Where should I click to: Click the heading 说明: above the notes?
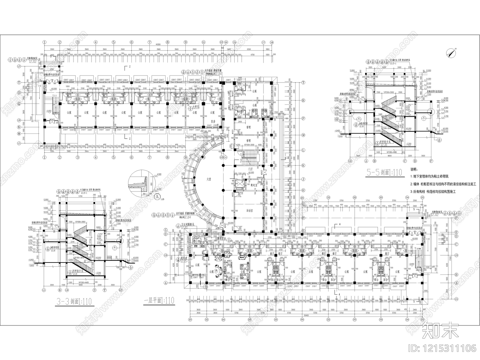pos(414,169)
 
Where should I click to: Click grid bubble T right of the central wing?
pos(303,82)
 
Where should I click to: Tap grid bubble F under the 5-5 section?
pos(431,161)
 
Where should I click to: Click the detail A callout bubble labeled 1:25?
pos(157,197)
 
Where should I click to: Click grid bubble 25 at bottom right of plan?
pos(422,320)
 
